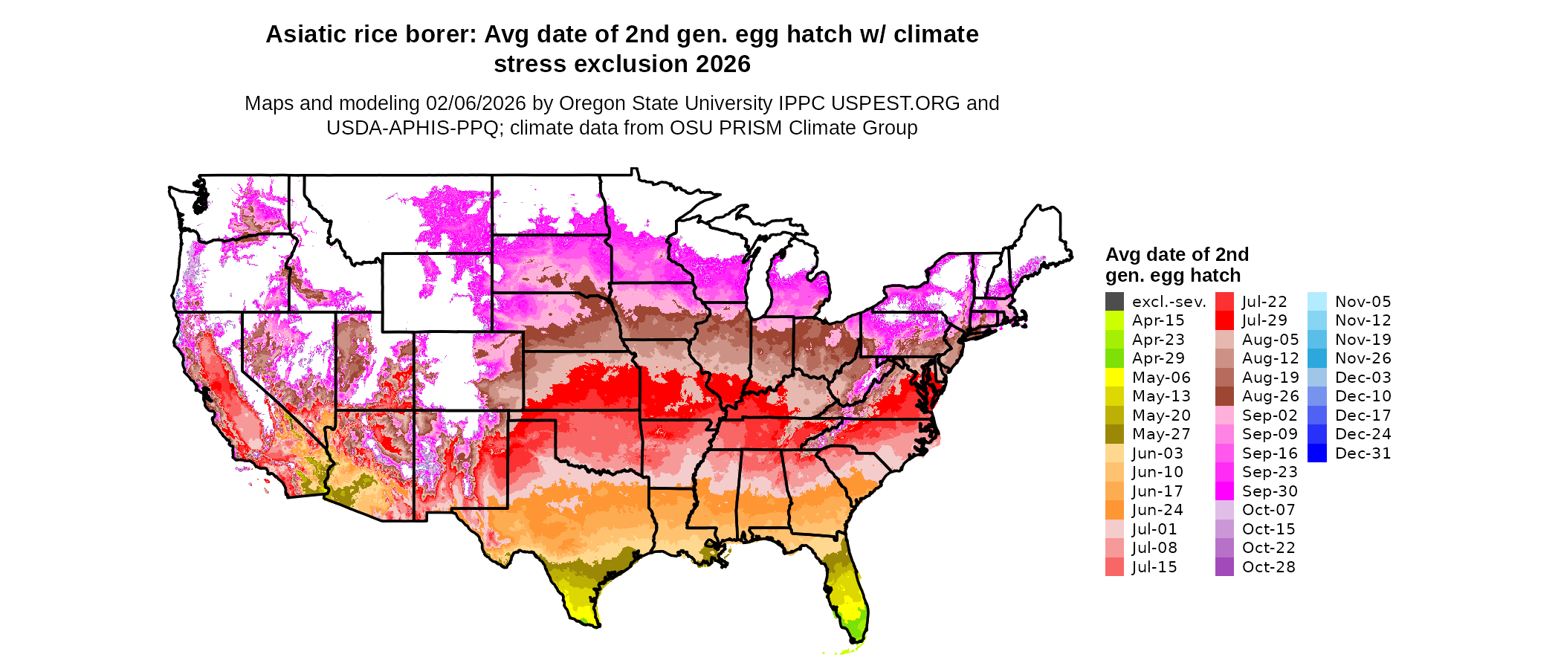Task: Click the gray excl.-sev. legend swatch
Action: tap(1114, 302)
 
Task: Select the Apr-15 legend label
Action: tap(1158, 320)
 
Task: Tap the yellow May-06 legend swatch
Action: tap(1114, 378)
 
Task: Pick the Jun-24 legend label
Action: tap(1157, 510)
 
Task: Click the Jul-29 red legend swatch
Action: tap(1224, 320)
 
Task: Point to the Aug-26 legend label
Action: tap(1270, 396)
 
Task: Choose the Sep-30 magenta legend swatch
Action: tap(1224, 491)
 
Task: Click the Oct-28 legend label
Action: tap(1269, 567)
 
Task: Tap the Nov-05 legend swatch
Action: tap(1316, 302)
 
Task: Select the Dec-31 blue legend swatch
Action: tap(1316, 453)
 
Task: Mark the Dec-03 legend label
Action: tap(1363, 378)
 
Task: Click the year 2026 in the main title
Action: tap(723, 65)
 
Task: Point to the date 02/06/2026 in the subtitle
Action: tap(476, 103)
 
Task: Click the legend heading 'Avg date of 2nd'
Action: tap(1177, 255)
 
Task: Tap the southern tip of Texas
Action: tap(593, 623)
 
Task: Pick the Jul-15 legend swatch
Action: tap(1114, 567)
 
